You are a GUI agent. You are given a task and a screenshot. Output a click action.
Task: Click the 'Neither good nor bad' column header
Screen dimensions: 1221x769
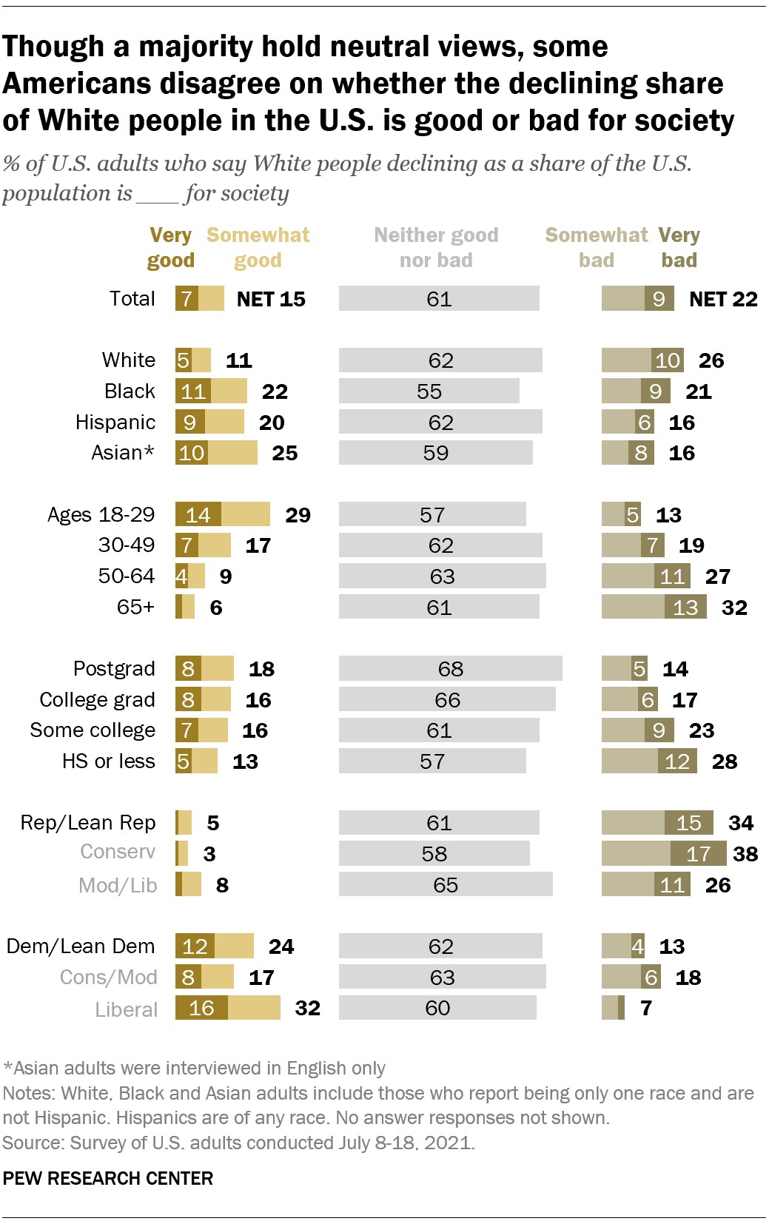(x=436, y=247)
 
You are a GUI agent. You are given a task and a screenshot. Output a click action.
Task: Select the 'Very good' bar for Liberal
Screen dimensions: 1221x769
(x=201, y=1008)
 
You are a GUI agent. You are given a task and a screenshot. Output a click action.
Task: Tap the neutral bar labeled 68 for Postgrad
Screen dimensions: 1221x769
(x=450, y=669)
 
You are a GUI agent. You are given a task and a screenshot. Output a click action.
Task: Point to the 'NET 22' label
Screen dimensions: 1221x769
(x=723, y=299)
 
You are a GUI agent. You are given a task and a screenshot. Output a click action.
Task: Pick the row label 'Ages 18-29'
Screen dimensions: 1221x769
(x=101, y=515)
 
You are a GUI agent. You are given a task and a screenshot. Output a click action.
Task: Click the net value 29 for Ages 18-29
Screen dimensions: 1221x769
(x=298, y=515)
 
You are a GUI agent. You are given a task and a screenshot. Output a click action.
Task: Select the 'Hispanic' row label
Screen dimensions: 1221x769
(x=115, y=423)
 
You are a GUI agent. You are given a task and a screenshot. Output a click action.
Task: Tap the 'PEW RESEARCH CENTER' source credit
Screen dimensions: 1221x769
(x=108, y=1179)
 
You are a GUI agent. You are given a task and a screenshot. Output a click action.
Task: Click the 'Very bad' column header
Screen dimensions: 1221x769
(x=679, y=247)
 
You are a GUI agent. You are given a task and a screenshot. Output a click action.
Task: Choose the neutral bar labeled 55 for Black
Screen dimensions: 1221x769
(x=429, y=391)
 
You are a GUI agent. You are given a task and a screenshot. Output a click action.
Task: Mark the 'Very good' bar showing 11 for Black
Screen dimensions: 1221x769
(x=192, y=391)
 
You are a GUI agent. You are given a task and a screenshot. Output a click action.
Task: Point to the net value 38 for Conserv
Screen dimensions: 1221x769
(x=745, y=854)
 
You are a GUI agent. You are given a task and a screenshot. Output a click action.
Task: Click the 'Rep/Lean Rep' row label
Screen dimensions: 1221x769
(x=88, y=823)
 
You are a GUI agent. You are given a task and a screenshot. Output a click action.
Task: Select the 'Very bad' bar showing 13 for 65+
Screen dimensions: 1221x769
(x=685, y=608)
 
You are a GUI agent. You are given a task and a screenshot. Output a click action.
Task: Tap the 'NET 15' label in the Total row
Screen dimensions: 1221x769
(x=271, y=299)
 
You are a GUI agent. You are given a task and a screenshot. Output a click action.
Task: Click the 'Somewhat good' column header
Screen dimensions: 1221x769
(x=258, y=247)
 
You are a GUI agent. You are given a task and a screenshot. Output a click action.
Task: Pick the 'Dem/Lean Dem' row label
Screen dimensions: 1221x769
(x=81, y=946)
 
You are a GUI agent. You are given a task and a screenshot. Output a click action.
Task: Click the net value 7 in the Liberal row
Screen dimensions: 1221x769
(x=646, y=1008)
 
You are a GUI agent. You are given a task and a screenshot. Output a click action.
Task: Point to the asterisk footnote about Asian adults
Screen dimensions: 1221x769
(x=195, y=1069)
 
